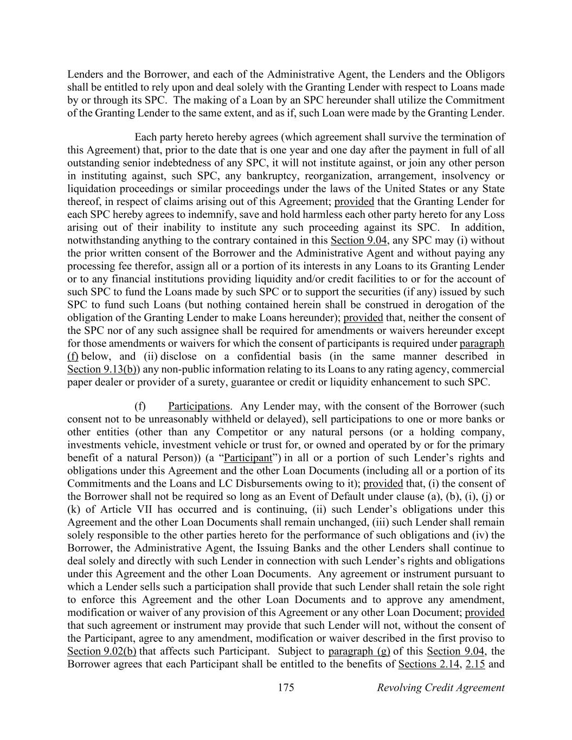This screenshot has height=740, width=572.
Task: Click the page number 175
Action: coord(286,688)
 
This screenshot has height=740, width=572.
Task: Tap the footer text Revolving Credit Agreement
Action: coord(440,688)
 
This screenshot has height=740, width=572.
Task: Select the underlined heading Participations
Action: coord(199,407)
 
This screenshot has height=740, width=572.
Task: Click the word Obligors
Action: coord(486,74)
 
